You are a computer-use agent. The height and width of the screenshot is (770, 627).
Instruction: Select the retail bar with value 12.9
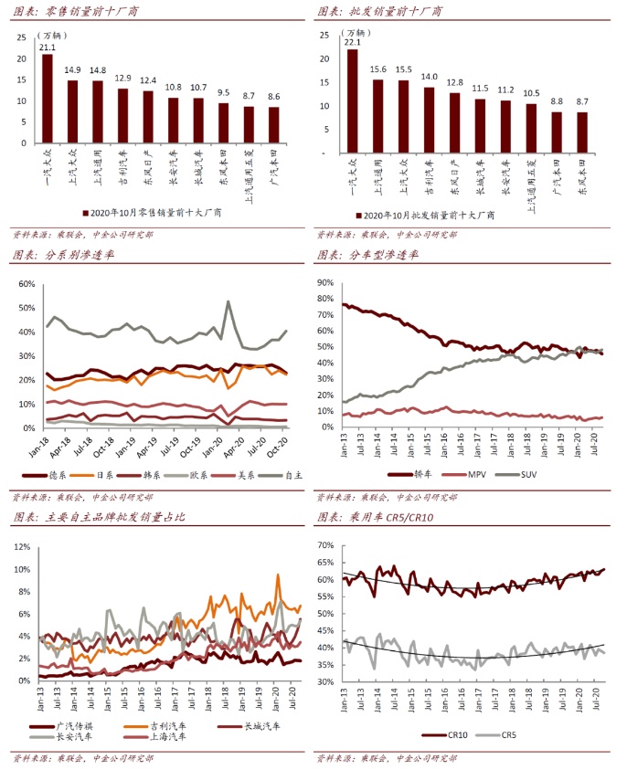tap(122, 116)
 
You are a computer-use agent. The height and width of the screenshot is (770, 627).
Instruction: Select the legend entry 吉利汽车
tap(165, 726)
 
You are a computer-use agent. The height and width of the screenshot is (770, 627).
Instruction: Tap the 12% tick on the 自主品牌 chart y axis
tap(21, 547)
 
